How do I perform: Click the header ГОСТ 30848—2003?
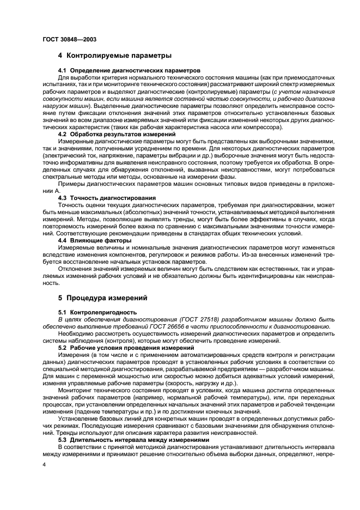[x=67, y=39]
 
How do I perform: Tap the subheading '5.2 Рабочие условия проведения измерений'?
[x=121, y=347]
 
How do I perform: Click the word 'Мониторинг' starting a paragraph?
[x=76, y=391]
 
